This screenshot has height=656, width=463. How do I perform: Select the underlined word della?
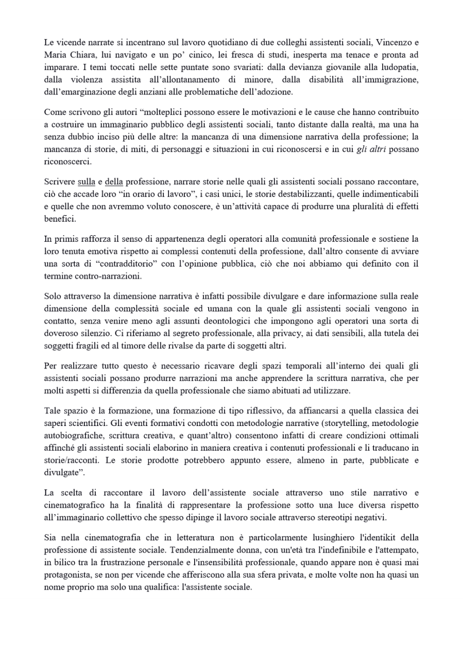point(114,183)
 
